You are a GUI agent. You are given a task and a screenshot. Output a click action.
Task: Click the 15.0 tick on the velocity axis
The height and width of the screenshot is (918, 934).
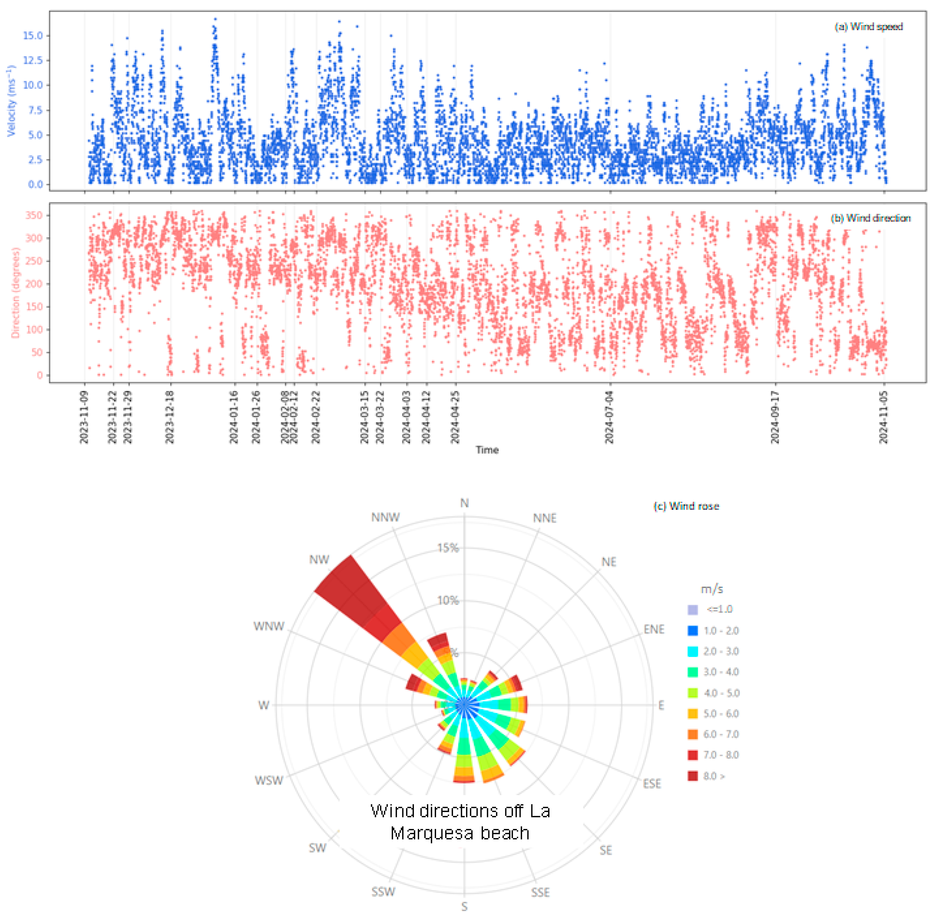pos(33,36)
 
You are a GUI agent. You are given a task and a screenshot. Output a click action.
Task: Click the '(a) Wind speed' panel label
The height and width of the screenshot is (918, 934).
pos(868,27)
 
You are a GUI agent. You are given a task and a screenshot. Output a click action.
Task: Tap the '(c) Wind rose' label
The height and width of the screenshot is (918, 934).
pos(686,506)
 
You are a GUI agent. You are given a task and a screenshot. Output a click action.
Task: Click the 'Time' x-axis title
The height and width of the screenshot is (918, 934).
pos(487,450)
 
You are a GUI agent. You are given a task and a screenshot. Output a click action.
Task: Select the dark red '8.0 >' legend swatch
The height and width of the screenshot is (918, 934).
pos(692,776)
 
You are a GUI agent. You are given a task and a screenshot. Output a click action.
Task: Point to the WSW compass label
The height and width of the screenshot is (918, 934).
pos(269,780)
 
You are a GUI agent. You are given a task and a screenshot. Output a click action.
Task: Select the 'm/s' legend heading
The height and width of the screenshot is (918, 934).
pos(712,589)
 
